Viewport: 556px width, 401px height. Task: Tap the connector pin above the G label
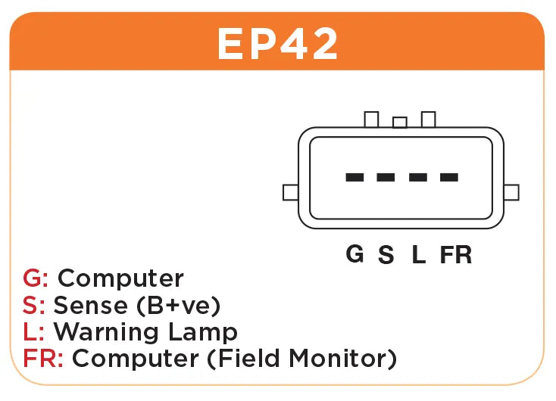click(354, 177)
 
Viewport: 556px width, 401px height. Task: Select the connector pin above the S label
click(386, 177)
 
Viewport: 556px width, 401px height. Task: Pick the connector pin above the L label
click(417, 177)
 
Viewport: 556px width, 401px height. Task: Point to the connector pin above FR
click(449, 177)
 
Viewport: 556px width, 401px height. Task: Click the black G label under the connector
click(355, 254)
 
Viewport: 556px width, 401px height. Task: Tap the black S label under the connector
click(386, 255)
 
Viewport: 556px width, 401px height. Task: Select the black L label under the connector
click(418, 255)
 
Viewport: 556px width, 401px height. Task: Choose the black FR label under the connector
click(456, 255)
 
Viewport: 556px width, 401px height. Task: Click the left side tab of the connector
click(290, 192)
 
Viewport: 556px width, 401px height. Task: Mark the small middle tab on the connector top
click(400, 123)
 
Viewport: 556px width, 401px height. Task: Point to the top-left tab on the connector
click(371, 120)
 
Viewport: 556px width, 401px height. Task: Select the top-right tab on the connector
click(429, 120)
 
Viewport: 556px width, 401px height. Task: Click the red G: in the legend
click(36, 278)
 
